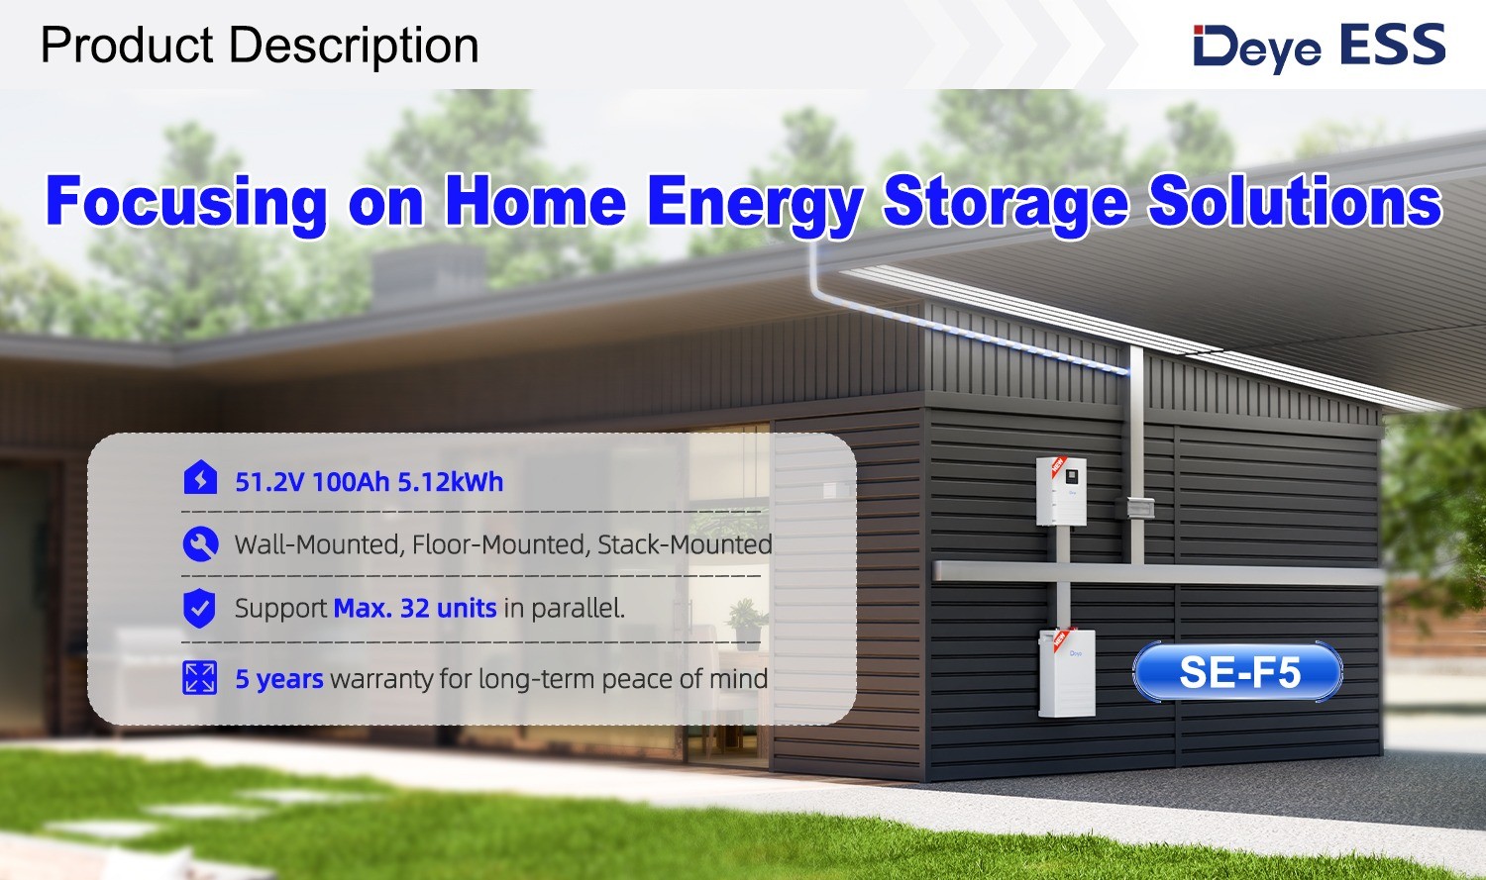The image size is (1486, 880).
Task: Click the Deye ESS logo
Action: [x=1319, y=47]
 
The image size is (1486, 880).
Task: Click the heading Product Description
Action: [x=260, y=46]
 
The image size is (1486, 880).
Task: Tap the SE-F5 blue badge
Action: [x=1238, y=672]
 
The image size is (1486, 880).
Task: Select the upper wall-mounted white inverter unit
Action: [x=1061, y=491]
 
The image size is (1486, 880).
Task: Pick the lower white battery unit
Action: [x=1067, y=672]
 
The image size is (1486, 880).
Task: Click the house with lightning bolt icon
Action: [x=200, y=478]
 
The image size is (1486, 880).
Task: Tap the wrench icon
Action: [x=200, y=544]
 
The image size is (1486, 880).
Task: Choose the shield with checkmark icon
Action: [x=200, y=608]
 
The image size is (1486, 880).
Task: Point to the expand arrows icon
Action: [x=200, y=678]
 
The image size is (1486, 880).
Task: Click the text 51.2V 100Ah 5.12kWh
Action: [x=370, y=482]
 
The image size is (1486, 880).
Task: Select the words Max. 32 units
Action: [x=415, y=608]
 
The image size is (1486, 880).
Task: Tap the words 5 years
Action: [x=279, y=679]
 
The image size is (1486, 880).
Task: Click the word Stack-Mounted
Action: [x=685, y=544]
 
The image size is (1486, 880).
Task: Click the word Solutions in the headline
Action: [x=1295, y=199]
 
